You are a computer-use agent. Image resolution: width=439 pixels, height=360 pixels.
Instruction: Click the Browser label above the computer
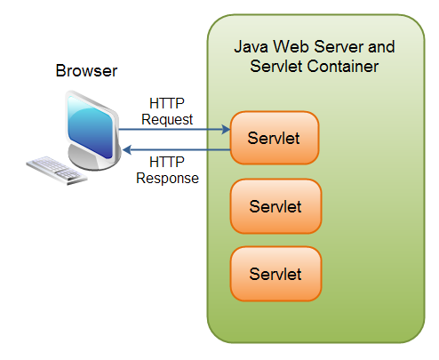pos(85,70)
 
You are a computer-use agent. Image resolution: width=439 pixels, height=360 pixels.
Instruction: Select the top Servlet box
pos(275,138)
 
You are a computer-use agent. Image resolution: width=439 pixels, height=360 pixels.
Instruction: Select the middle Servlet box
pos(275,206)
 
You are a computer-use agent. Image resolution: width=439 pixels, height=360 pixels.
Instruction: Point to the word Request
pos(167,118)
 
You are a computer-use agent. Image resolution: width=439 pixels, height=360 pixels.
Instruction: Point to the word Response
pos(167,177)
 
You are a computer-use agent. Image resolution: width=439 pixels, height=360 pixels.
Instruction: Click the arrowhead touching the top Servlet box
pos(225,130)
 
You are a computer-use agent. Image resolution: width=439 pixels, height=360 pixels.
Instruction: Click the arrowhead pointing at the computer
pos(123,149)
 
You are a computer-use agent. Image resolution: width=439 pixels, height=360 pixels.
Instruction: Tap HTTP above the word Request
pos(167,103)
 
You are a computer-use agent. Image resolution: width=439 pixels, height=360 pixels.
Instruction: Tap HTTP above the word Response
pos(167,162)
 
